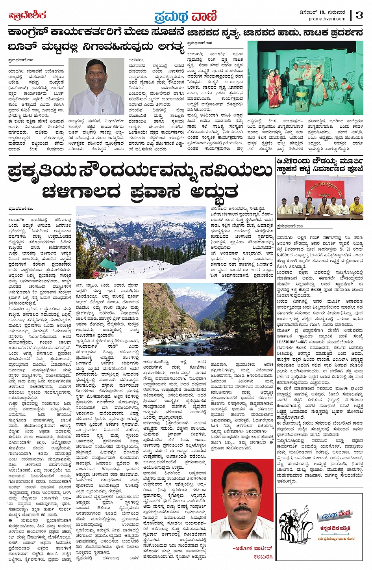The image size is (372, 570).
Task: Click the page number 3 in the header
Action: (x=359, y=15)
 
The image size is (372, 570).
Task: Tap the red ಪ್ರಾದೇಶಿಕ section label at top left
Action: (x=28, y=15)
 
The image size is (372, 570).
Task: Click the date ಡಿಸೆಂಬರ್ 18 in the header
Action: (x=313, y=12)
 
